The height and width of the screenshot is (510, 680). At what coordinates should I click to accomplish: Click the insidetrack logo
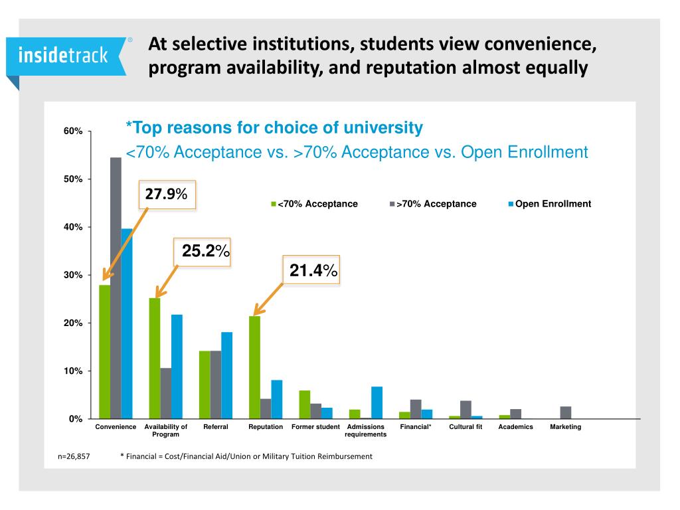(x=63, y=56)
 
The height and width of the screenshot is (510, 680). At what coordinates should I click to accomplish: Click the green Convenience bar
(x=104, y=352)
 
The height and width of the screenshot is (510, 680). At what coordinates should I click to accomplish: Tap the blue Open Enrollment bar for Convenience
(x=127, y=323)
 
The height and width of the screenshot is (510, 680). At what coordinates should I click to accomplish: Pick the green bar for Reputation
(x=254, y=367)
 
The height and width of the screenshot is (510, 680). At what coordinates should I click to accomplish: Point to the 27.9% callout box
(x=167, y=195)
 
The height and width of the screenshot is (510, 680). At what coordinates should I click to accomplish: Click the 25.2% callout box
(x=202, y=251)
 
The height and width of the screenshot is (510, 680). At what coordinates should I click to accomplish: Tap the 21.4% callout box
(x=311, y=270)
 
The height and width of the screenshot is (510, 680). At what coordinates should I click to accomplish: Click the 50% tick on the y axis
(x=73, y=179)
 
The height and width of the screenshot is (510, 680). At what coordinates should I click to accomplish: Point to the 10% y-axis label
(x=73, y=371)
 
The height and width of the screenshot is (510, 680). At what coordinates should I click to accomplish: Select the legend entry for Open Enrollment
(x=549, y=204)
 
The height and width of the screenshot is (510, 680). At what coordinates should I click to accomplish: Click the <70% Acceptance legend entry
(x=314, y=204)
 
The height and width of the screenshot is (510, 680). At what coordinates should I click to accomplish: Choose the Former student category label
(x=315, y=427)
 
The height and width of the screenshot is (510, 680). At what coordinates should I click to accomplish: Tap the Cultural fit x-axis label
(x=466, y=427)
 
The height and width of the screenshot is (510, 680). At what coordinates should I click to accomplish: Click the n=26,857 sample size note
(x=74, y=456)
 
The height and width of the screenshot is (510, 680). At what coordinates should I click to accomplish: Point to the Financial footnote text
(x=246, y=456)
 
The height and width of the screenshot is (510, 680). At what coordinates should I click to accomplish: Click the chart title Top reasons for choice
(x=274, y=127)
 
